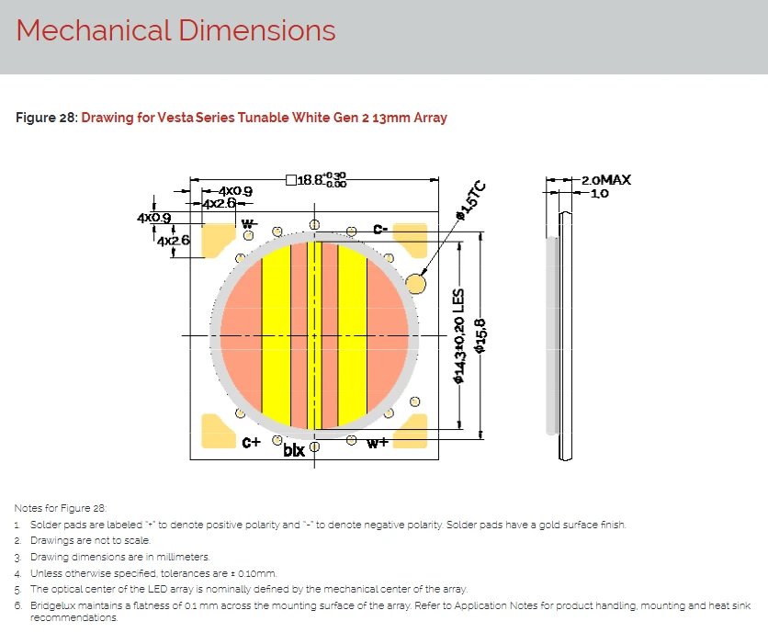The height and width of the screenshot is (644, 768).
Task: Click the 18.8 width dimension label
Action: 316,180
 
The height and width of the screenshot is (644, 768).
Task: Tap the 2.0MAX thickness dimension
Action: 606,180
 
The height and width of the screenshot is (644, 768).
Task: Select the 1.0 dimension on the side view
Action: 600,194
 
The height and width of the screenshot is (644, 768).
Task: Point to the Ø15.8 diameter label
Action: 480,335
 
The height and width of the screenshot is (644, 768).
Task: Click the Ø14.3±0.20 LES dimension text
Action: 458,335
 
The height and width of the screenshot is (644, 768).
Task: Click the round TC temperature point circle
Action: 415,284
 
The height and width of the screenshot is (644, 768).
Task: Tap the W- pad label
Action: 248,223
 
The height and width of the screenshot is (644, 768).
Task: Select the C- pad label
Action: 380,229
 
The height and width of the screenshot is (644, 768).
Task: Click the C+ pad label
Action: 252,442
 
